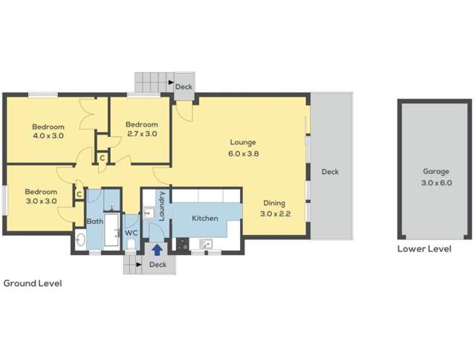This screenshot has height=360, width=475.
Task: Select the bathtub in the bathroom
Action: click(112, 230)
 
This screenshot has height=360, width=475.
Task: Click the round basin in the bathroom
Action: click(80, 240)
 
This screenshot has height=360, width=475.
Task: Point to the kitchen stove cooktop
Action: click(182, 242)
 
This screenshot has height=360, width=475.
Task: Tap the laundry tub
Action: click(147, 210)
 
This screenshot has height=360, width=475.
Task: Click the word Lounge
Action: click(242, 143)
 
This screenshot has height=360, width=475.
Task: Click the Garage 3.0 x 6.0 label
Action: click(436, 177)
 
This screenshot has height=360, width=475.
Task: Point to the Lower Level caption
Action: click(424, 249)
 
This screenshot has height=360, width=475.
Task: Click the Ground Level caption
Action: click(33, 283)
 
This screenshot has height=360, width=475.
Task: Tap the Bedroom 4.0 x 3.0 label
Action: click(48, 131)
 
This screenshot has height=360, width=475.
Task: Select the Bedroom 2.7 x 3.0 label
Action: click(141, 129)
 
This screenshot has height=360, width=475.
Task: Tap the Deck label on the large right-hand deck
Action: click(330, 172)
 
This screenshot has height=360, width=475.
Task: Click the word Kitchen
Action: click(204, 219)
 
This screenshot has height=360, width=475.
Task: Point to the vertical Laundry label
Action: click(161, 205)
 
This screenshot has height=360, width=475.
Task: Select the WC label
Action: click(131, 233)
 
